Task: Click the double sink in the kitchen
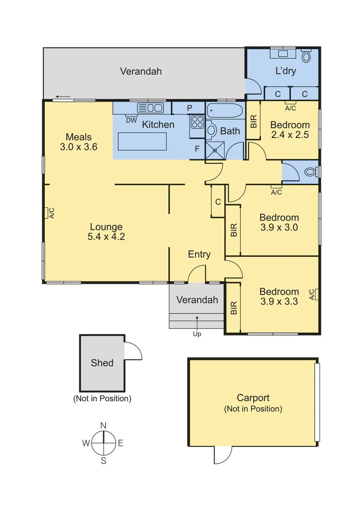pos(150,108)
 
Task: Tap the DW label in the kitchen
pos(131,120)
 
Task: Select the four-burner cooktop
pos(196,123)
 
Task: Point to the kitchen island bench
pos(142,141)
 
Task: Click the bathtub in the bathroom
pos(224,112)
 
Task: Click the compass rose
pos(103,443)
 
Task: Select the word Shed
pos(102,363)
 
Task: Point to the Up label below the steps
pos(197,334)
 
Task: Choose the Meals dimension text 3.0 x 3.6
pos(79,147)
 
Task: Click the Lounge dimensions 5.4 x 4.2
pos(106,237)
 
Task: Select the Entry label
pos(199,254)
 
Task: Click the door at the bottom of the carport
pos(222,455)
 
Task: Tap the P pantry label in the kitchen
pos(189,108)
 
